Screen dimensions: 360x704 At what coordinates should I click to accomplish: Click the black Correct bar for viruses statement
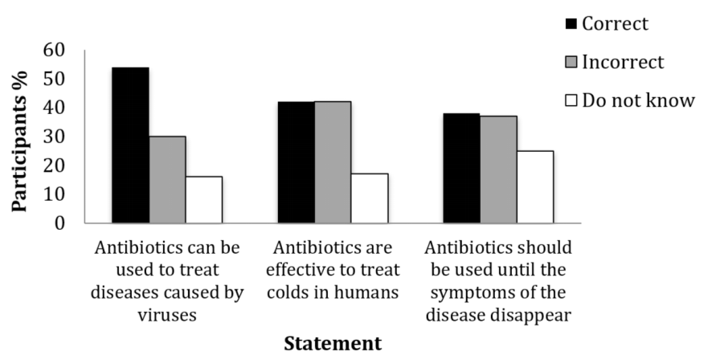[x=130, y=145]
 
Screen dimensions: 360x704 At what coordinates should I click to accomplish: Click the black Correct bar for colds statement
[x=296, y=162]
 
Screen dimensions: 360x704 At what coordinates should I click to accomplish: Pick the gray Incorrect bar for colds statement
[x=333, y=162]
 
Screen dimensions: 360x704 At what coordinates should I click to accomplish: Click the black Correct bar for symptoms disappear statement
[x=461, y=168]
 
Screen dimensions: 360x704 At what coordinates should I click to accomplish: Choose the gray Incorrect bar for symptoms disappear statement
[x=498, y=169]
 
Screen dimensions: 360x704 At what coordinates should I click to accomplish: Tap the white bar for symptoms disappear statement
[x=535, y=186]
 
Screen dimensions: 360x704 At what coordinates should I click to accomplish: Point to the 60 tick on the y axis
[x=58, y=50]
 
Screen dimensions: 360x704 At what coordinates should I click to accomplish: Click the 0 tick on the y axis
[x=63, y=223]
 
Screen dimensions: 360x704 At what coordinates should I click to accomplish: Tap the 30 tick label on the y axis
[x=58, y=137]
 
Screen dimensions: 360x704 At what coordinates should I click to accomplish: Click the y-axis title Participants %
[x=21, y=137]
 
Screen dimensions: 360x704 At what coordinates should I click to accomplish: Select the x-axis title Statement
[x=333, y=343]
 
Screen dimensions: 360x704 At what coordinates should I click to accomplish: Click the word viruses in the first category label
[x=166, y=314]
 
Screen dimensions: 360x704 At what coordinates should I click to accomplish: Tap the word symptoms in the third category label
[x=467, y=292]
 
